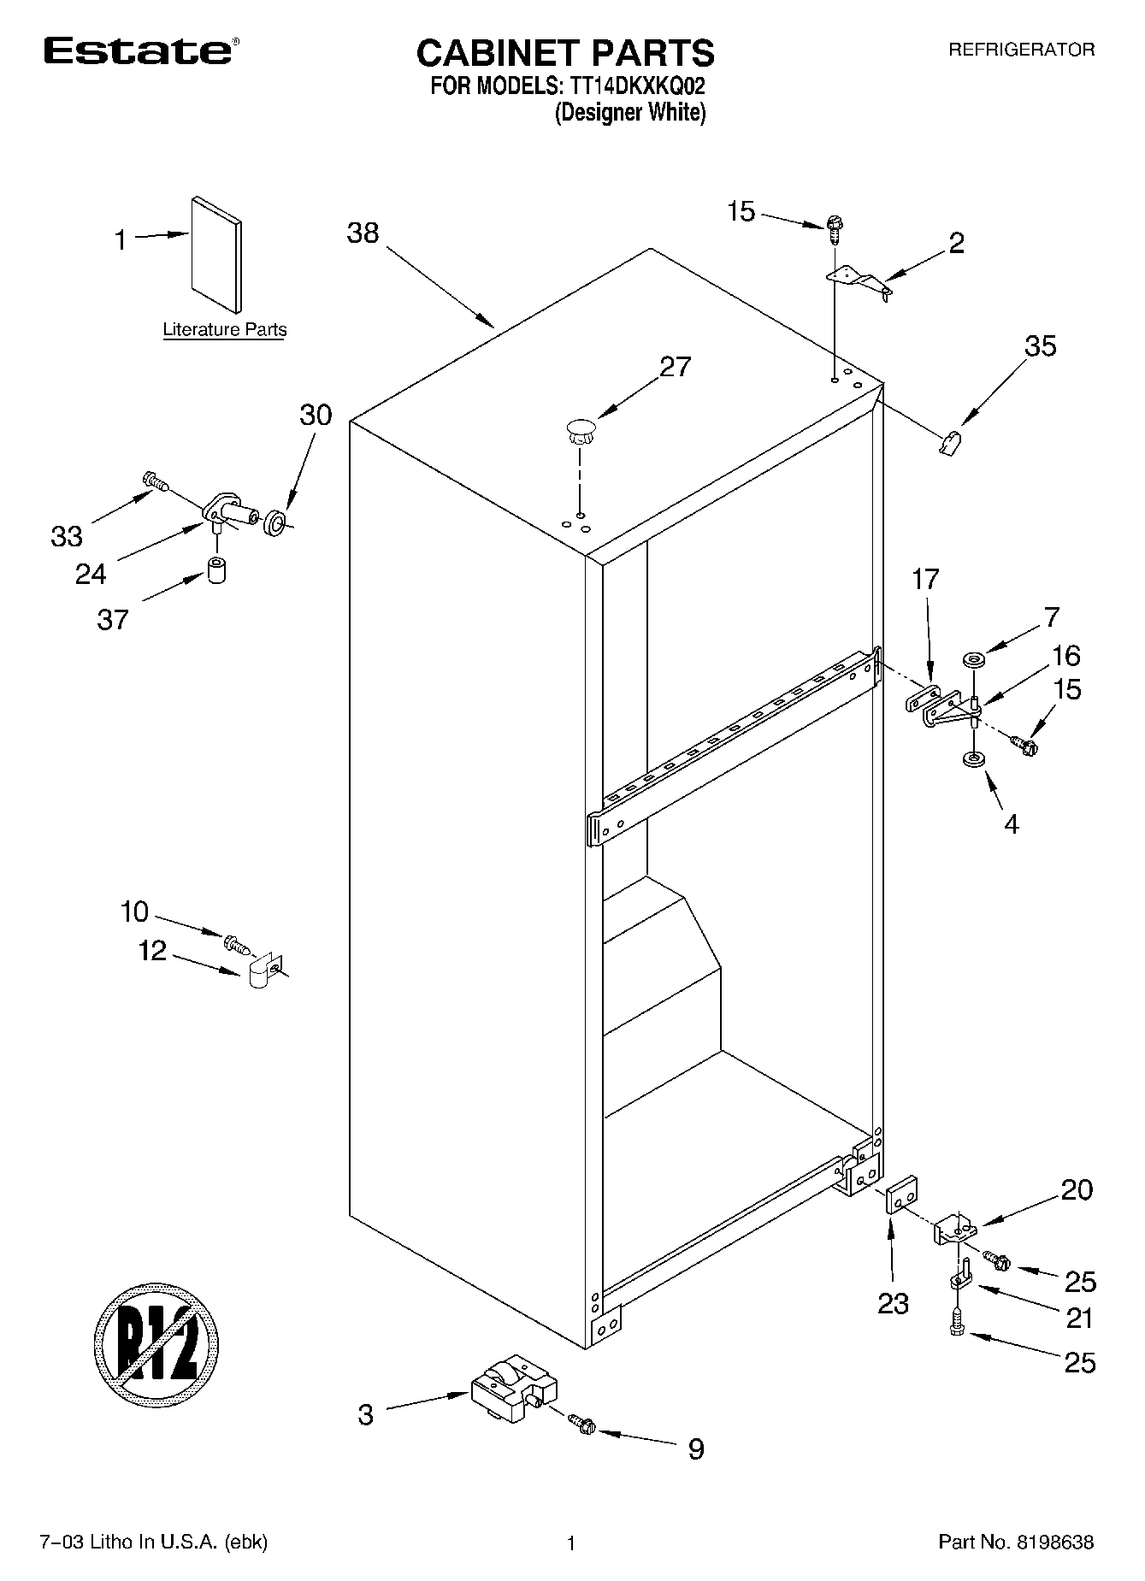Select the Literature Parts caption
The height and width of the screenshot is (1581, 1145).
pos(225,330)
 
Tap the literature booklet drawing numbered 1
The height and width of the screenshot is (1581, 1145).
pos(215,255)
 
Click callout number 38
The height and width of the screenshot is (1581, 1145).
pos(363,233)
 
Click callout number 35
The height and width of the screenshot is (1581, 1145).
pos(1041,346)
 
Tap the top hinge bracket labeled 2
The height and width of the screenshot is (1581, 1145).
pos(858,283)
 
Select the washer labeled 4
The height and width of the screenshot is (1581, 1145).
pos(971,758)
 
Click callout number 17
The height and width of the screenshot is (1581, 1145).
pos(925,579)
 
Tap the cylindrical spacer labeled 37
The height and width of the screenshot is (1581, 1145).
pos(216,569)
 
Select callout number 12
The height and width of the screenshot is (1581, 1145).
pos(152,950)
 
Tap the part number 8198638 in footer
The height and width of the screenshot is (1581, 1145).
pos(1054,1542)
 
